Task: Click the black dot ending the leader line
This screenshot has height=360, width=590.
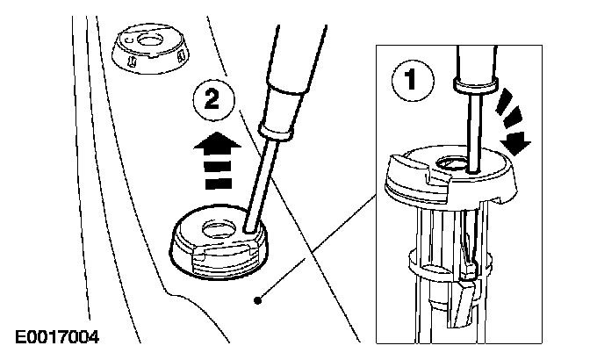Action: tap(257, 300)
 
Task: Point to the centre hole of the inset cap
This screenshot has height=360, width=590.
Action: tap(454, 163)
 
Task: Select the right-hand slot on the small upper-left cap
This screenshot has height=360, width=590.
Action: tap(182, 56)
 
